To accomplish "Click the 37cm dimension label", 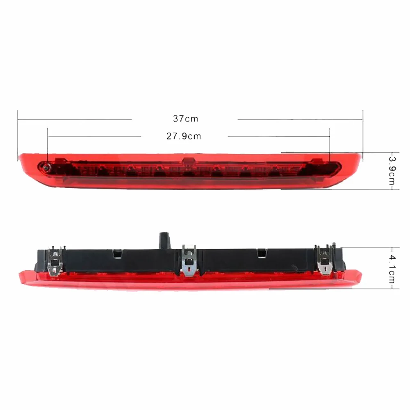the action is point(185,119).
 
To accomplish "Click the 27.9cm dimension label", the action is point(184,136).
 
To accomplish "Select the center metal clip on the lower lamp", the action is point(189,260).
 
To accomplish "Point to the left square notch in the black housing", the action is point(117,253).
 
